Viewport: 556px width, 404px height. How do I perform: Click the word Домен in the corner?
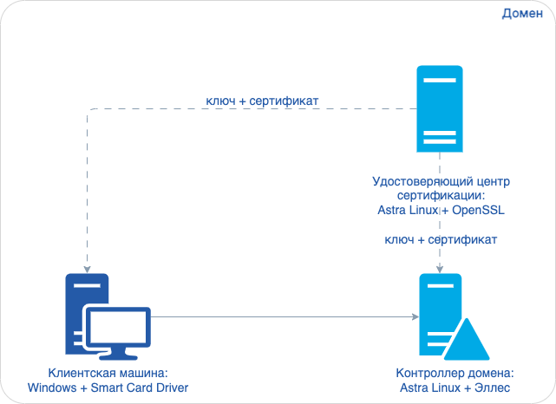click(x=522, y=14)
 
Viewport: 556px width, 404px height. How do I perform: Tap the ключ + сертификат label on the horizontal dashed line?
click(x=262, y=101)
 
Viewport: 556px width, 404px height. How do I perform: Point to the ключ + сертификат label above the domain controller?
click(x=441, y=238)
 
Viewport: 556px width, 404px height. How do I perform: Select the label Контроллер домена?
click(x=455, y=374)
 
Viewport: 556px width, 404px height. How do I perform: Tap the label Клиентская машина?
click(x=105, y=374)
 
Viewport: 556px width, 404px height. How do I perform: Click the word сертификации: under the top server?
click(x=440, y=196)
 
